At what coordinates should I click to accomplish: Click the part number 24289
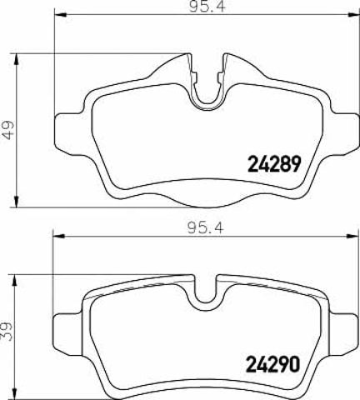pyautogui.click(x=274, y=164)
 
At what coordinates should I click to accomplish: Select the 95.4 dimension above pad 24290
pyautogui.click(x=206, y=228)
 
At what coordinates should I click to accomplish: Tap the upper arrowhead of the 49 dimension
pyautogui.click(x=17, y=59)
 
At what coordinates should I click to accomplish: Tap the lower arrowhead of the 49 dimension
pyautogui.click(x=17, y=202)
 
